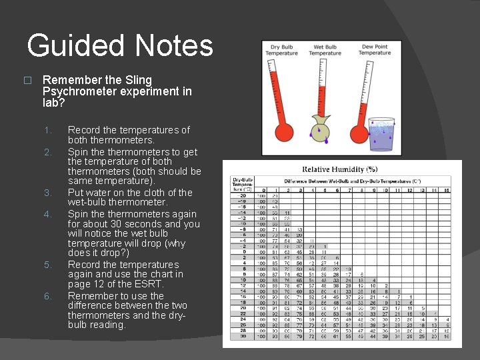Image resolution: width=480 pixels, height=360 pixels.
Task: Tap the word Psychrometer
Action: (83, 91)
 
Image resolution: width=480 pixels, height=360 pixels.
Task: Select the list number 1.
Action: (46, 130)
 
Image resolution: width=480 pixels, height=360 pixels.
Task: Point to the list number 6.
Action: (47, 296)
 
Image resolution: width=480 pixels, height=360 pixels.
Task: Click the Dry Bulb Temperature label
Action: (281, 50)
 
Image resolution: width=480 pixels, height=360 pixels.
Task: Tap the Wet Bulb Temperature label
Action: (325, 50)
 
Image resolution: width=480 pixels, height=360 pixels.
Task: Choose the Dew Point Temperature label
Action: (375, 50)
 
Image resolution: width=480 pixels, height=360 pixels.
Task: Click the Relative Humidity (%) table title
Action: (339, 169)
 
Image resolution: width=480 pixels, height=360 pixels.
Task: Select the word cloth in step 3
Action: (151, 193)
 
